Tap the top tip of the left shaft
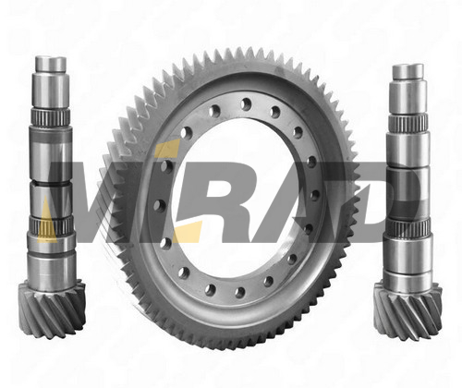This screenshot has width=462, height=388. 51,57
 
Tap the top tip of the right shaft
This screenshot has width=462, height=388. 407,65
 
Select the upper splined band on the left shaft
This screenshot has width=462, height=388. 51,116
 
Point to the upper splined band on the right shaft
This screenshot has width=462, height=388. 408,123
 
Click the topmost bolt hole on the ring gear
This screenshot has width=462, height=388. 246,103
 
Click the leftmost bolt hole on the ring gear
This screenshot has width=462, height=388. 160,204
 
